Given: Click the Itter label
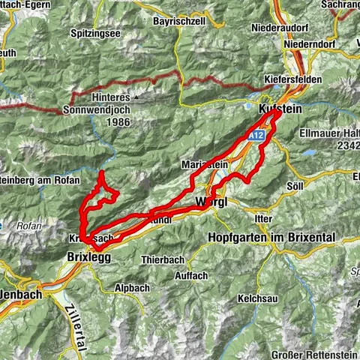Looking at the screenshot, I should click(x=262, y=217).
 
